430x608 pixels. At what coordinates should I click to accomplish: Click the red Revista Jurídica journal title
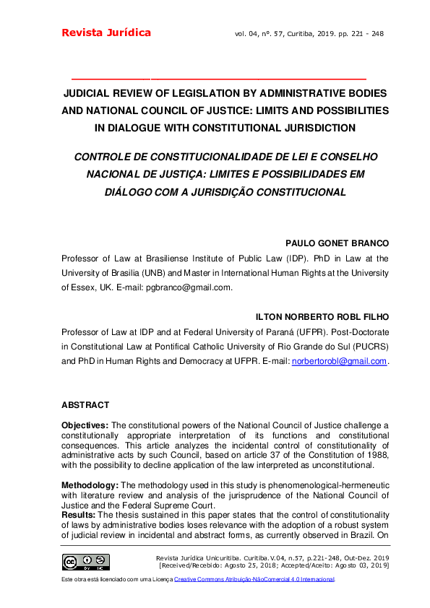coord(106,32)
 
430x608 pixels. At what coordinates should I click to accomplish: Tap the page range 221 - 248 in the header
coord(366,33)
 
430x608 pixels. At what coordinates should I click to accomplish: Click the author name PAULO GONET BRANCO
coord(337,243)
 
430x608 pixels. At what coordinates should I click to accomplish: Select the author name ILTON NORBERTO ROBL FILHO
coord(322,316)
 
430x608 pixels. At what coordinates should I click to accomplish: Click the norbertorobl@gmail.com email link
coord(339,361)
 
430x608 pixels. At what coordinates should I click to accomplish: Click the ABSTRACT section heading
coord(85,405)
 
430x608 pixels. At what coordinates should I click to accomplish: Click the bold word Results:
coord(77,514)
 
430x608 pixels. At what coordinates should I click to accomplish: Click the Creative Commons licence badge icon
coord(86,562)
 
